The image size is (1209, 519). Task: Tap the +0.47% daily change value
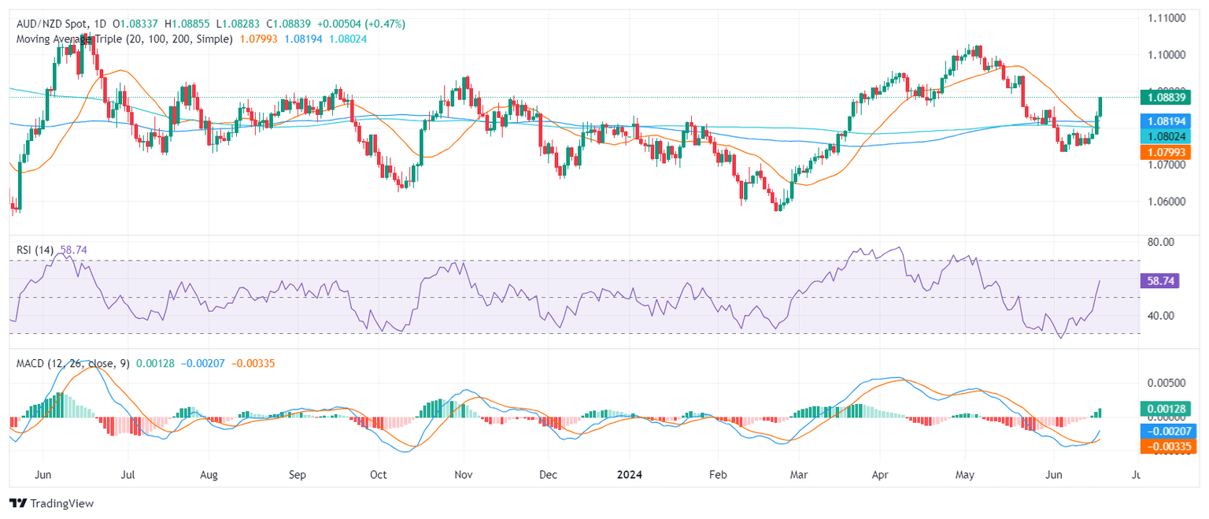[388, 24]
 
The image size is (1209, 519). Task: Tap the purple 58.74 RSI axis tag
[1159, 280]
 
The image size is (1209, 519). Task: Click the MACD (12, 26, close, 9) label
[73, 363]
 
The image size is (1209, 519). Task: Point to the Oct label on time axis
[379, 475]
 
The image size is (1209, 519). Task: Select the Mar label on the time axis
[798, 475]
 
